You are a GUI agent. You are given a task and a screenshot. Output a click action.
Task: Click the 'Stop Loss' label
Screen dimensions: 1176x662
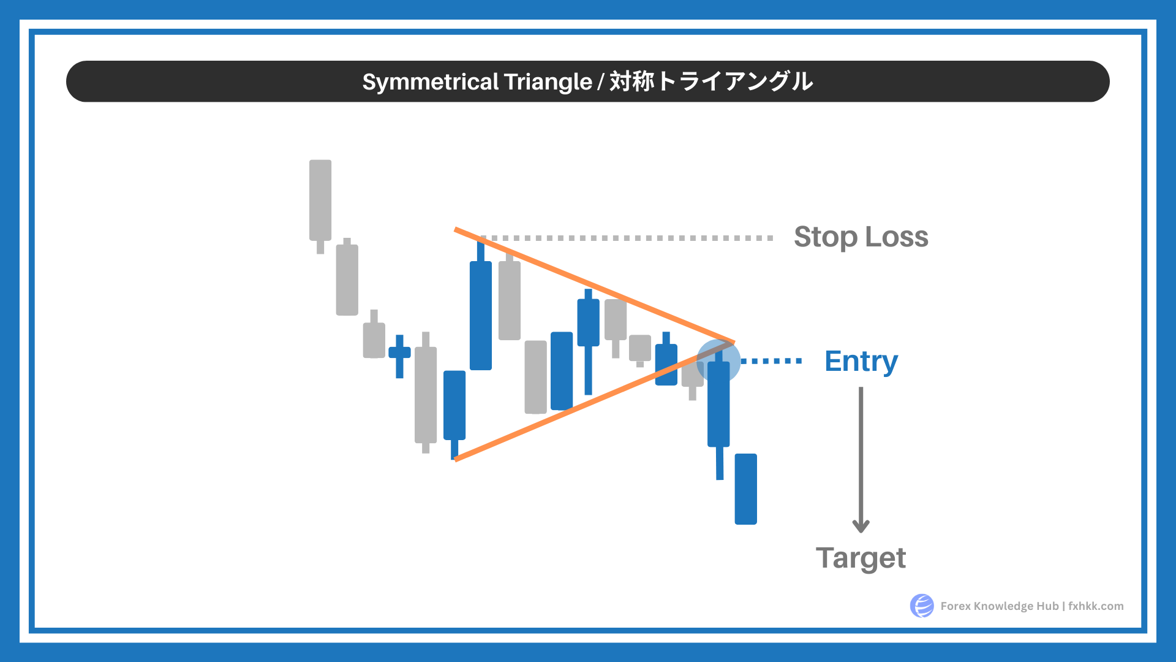(861, 237)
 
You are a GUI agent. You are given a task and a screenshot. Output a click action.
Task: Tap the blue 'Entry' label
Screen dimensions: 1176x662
(861, 362)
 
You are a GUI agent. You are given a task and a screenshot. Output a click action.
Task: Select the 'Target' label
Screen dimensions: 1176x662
(861, 558)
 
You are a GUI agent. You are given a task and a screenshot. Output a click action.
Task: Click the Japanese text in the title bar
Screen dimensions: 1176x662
(711, 82)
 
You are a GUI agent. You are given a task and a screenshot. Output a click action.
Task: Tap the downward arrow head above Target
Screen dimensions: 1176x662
(861, 526)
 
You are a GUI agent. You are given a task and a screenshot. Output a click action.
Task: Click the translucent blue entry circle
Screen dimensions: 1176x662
(718, 360)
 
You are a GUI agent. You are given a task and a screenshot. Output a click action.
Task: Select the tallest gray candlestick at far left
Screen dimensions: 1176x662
(320, 207)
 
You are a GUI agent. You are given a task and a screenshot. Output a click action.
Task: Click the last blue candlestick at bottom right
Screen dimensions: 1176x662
(745, 489)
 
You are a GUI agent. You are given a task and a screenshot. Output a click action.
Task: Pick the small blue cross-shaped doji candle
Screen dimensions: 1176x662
(399, 356)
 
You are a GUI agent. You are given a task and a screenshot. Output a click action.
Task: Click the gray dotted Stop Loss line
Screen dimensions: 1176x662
(627, 238)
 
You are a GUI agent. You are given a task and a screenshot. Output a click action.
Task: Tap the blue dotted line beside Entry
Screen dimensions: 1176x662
(772, 361)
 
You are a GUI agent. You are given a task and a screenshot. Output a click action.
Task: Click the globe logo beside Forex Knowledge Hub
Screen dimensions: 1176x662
(922, 606)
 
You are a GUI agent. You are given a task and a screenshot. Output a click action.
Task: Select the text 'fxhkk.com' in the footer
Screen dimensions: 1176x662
(1096, 606)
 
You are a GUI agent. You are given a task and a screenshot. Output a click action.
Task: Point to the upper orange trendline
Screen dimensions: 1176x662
(594, 286)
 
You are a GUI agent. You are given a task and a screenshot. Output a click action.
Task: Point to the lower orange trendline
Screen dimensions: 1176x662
(594, 401)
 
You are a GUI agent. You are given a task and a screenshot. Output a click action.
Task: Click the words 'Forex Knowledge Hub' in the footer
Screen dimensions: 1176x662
(999, 606)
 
